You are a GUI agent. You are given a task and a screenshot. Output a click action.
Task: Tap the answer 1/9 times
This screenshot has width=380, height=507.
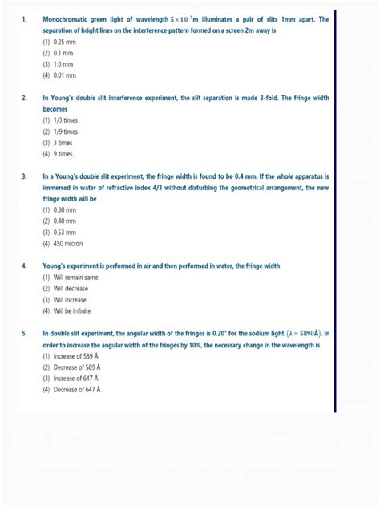coord(64,131)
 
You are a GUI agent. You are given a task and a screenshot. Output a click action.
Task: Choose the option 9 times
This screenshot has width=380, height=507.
coord(62,153)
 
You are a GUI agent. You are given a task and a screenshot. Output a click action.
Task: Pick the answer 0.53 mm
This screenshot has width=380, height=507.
coord(63,232)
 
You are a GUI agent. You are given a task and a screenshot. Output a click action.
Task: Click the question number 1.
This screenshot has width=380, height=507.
coord(25,18)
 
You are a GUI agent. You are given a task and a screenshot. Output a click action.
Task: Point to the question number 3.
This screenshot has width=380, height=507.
coord(25,176)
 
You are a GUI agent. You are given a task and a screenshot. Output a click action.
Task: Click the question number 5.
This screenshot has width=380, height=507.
coord(25,333)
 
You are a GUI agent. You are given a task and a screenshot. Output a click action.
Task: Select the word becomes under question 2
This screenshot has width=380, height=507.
coord(56,108)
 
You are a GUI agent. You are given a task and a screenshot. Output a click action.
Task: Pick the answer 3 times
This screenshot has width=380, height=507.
coord(62,142)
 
